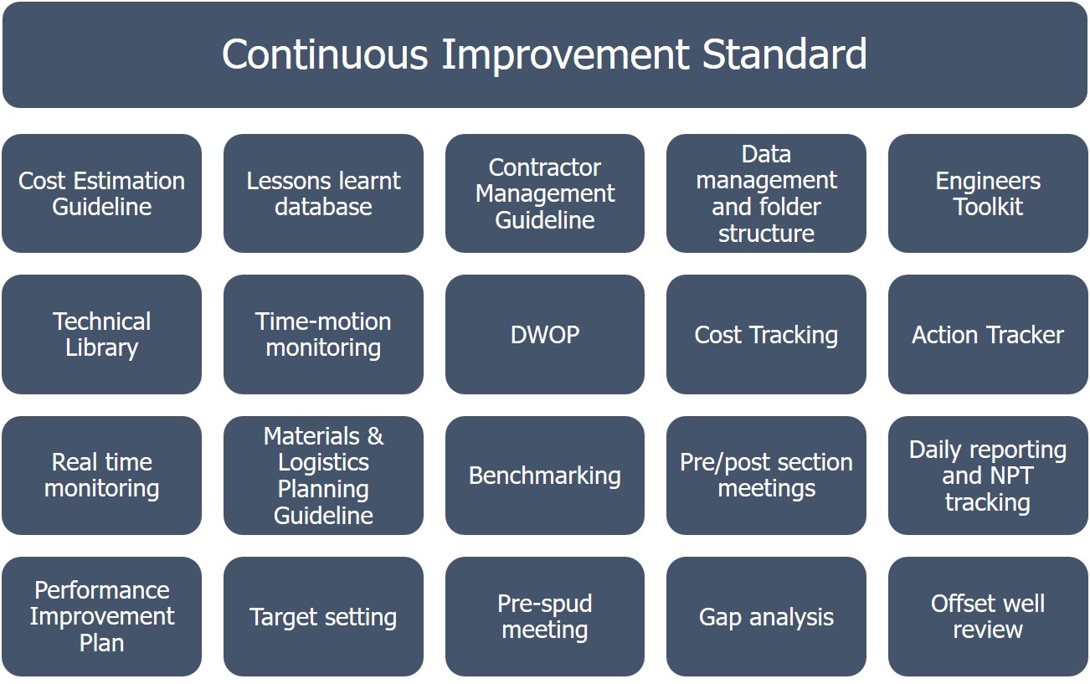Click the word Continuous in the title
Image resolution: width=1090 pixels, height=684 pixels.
(x=325, y=54)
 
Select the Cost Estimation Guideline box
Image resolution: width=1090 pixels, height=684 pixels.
(x=101, y=193)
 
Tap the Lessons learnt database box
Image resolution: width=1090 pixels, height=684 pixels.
(x=323, y=193)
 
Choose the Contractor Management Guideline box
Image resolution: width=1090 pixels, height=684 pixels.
(x=544, y=193)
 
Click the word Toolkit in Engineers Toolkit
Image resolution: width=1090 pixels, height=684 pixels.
(x=988, y=207)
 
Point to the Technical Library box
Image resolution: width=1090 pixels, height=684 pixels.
(x=101, y=334)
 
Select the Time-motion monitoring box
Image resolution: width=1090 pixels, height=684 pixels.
(x=323, y=334)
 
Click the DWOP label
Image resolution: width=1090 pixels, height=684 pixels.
(x=545, y=335)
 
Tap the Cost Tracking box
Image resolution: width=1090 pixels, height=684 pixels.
(x=766, y=334)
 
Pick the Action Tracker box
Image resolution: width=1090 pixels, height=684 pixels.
(x=988, y=334)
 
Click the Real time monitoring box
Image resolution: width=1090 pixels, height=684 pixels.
(x=101, y=476)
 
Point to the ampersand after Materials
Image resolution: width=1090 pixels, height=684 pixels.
(x=375, y=436)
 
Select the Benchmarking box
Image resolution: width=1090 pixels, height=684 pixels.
(x=544, y=476)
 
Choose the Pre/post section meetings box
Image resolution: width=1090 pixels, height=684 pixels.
(x=766, y=476)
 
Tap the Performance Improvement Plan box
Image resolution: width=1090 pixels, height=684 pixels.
(x=101, y=616)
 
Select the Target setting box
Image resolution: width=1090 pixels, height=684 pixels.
(x=323, y=616)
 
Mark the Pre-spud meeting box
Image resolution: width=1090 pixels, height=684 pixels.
(x=544, y=616)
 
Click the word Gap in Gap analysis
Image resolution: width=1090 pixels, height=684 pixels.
(x=720, y=618)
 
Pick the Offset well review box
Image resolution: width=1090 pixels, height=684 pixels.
(x=988, y=616)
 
